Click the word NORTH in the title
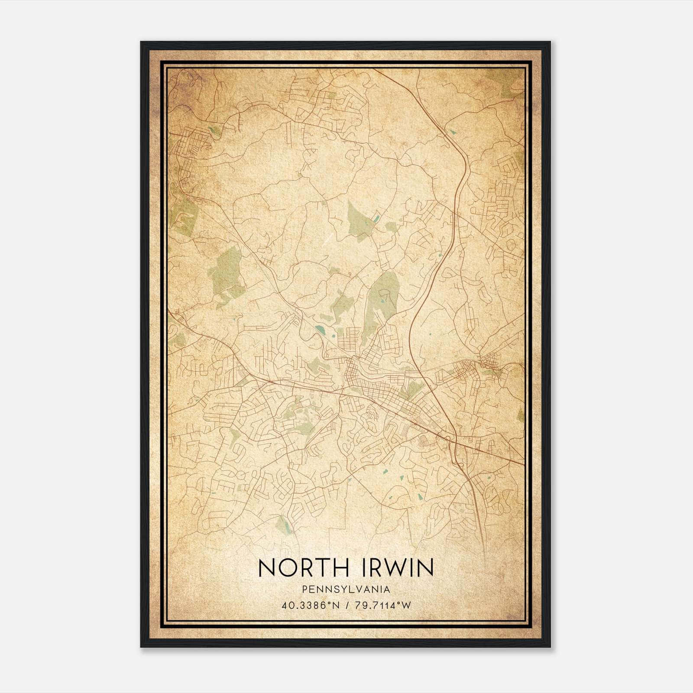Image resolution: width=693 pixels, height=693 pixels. click(x=301, y=568)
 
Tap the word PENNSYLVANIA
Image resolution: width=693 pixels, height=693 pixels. click(x=346, y=589)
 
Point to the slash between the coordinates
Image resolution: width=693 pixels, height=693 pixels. click(x=346, y=605)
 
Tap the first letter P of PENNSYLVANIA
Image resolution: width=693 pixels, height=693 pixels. click(x=304, y=589)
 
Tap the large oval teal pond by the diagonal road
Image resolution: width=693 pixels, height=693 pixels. click(x=320, y=330)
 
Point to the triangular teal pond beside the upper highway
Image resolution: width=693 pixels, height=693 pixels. click(x=453, y=131)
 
